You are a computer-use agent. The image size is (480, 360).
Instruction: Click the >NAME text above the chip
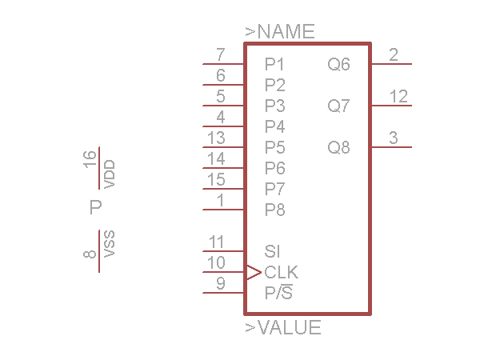280,32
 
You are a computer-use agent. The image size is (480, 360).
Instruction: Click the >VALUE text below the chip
283,327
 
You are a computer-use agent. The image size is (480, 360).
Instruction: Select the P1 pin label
275,64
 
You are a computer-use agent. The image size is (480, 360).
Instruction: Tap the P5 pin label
275,147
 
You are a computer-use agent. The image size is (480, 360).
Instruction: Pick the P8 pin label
275,210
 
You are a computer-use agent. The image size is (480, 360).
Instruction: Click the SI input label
272,251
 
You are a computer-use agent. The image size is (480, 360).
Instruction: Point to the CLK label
282,272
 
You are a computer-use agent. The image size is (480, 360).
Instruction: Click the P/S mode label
278,293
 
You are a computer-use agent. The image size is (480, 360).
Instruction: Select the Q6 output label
339,64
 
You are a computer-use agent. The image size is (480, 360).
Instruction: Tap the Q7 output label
339,106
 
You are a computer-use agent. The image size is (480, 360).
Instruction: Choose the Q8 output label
339,147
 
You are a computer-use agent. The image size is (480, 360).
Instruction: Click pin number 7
221,55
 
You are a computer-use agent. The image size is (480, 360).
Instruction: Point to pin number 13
216,138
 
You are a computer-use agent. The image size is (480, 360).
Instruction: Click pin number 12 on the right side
399,97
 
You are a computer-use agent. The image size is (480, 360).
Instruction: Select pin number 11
216,242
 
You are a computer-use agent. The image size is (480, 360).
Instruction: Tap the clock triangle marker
253,272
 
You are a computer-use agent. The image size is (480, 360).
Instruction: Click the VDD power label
110,174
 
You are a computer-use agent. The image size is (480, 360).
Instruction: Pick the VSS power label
110,244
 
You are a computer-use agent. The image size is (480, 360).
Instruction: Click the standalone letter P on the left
96,208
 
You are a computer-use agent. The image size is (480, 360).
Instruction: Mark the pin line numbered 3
392,147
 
